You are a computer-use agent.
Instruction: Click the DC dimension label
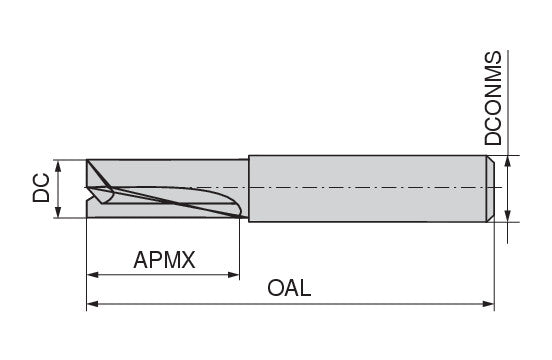[41, 188]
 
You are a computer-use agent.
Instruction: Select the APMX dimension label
[164, 260]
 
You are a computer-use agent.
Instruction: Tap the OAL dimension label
[289, 288]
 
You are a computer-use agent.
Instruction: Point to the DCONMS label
[493, 98]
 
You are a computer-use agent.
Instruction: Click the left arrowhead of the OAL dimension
[92, 304]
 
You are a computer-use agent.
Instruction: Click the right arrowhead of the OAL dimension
[488, 304]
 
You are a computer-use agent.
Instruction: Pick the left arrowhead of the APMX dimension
[92, 275]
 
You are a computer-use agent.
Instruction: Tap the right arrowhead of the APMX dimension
[234, 275]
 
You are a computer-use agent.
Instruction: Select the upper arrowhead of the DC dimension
[58, 166]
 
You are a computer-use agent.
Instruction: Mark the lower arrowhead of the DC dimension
[58, 212]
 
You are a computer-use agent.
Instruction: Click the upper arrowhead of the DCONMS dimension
[507, 162]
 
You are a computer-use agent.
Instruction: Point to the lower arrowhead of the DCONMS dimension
[507, 216]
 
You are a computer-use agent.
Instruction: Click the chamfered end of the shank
[490, 189]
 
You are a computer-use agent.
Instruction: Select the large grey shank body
[368, 189]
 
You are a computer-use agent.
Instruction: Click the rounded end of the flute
[238, 208]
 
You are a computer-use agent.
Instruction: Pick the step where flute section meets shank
[249, 189]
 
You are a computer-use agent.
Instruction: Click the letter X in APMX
[188, 260]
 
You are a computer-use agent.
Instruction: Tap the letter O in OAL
[275, 288]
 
